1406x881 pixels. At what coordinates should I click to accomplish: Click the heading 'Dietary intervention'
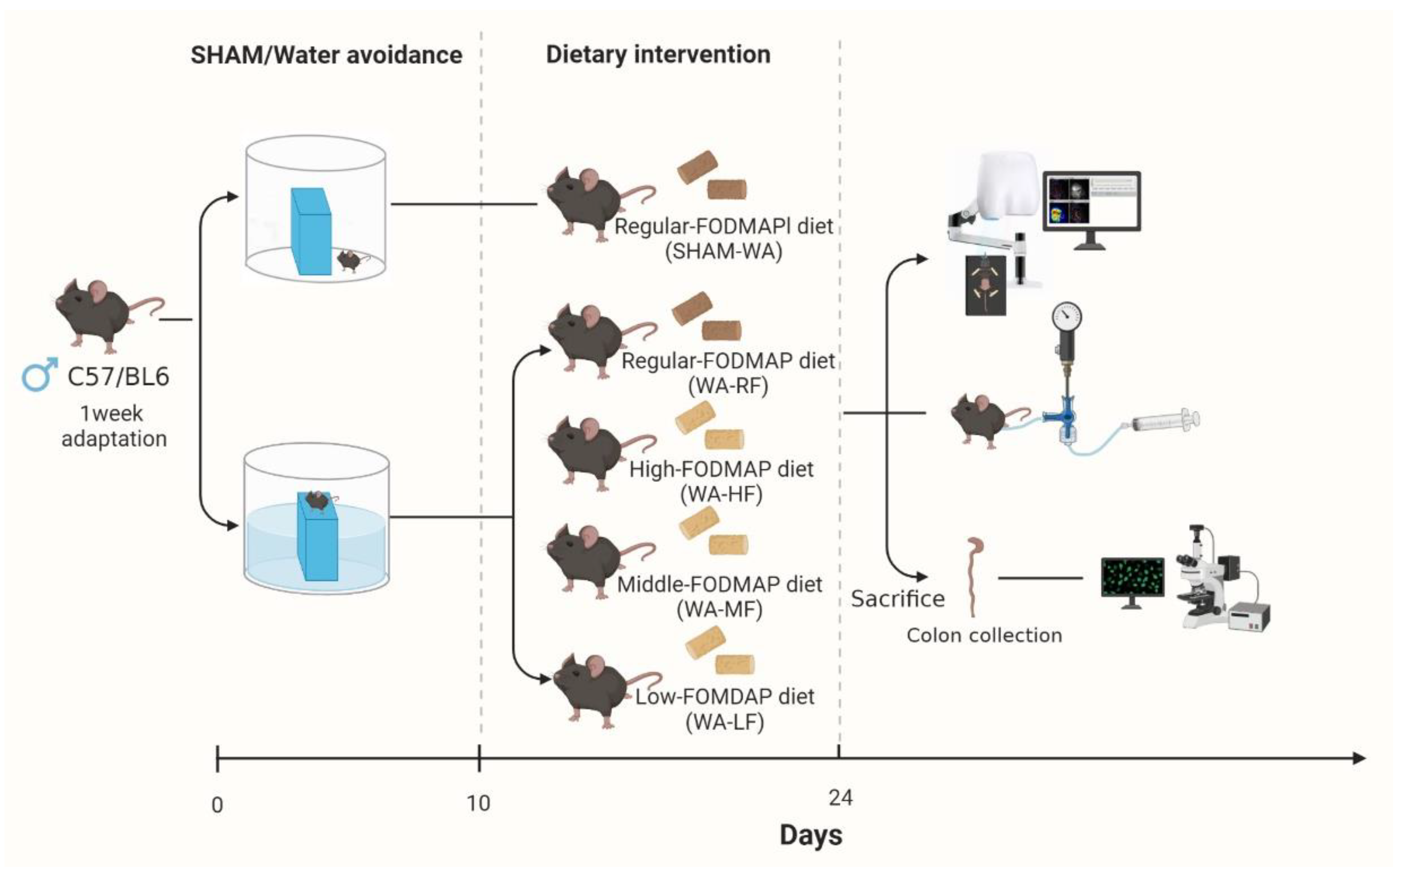tap(657, 55)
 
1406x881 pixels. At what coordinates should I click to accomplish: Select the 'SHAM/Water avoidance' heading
tap(326, 55)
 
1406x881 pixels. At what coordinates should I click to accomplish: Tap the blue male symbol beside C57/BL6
tap(40, 374)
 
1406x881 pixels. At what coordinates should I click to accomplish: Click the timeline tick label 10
tap(478, 804)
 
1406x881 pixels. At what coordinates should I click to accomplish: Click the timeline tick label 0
tap(217, 805)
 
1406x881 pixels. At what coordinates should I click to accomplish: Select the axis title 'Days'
tap(811, 835)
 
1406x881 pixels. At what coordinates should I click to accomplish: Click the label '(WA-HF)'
tap(721, 494)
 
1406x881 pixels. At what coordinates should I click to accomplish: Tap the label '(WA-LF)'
tap(725, 722)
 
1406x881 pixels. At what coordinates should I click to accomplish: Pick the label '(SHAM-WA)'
tap(723, 251)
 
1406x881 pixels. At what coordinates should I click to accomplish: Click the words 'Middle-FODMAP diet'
tap(719, 584)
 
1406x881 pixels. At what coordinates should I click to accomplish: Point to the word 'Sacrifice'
tap(898, 599)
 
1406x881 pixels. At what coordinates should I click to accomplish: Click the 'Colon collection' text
tap(984, 635)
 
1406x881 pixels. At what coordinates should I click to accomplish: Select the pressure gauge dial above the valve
tap(1067, 318)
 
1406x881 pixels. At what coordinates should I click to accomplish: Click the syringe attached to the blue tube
tap(1165, 420)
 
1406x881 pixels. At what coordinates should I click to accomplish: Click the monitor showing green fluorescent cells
tap(1132, 578)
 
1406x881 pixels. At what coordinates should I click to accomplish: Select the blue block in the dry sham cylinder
tap(311, 231)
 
